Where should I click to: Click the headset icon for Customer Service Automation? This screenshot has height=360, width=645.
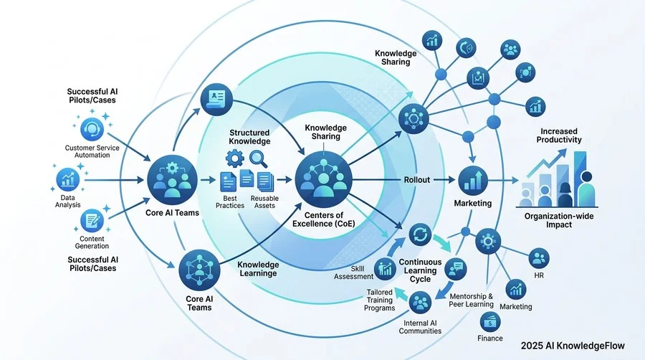pos(92,130)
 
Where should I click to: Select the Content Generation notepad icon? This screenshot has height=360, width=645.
pos(92,221)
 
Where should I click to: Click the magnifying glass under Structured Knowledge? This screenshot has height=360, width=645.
pos(259,159)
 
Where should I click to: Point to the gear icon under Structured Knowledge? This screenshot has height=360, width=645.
pos(235,158)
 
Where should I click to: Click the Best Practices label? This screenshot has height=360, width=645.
pos(230,202)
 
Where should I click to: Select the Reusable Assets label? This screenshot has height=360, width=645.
pos(264,202)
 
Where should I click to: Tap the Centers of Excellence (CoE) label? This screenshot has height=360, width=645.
pos(324,219)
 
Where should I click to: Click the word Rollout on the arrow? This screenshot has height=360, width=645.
pos(416,180)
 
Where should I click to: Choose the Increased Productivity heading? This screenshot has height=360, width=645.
pos(558,136)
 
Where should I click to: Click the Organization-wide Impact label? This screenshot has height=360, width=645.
pos(559,221)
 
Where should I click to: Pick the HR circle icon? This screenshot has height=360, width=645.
pos(539,258)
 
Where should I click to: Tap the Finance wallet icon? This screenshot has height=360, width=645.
pos(490,322)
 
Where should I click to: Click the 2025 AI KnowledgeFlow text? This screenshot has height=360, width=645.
pos(573,346)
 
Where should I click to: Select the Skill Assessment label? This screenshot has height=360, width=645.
pos(353,273)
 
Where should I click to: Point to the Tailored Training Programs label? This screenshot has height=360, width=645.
pos(379,300)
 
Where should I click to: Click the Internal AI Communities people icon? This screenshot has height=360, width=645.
pos(421,303)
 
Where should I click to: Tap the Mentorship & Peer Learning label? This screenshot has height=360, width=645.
pos(471,300)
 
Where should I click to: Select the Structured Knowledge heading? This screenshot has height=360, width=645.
pos(249,137)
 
